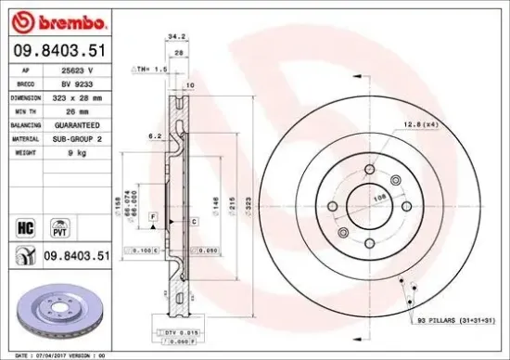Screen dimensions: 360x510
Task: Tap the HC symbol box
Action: click(x=25, y=225)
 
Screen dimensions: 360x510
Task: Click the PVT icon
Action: click(x=58, y=225)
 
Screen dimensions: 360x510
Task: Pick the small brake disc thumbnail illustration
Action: click(x=58, y=311)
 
